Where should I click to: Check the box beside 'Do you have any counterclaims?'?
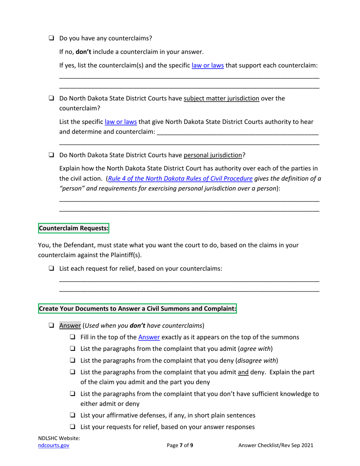click(51, 38)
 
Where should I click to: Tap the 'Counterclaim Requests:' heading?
click(74, 229)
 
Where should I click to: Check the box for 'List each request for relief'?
click(51, 269)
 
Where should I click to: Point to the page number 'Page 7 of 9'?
click(180, 446)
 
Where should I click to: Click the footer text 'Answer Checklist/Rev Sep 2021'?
click(275, 446)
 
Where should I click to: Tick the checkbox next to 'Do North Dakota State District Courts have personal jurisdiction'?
click(51, 155)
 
